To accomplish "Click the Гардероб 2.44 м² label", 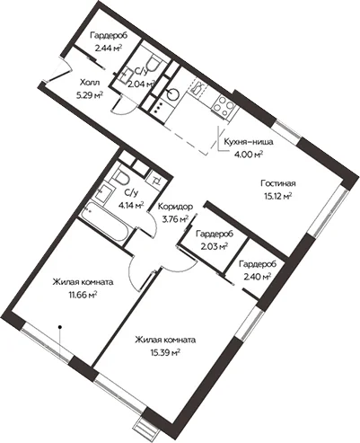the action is point(109,41).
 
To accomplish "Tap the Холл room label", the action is point(90,83).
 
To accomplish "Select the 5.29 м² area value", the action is point(90,95).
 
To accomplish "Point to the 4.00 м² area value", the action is point(249,155).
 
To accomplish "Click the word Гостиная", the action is point(278,183).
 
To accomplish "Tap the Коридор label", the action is point(175,207).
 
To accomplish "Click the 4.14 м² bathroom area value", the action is point(131,206).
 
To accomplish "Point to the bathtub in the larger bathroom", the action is point(105,221).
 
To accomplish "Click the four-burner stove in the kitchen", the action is point(223,108).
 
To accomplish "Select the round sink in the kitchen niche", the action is point(174,93).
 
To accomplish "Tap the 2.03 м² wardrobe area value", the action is point(215,247).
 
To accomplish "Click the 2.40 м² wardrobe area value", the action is point(258,277).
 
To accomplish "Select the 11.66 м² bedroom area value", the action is point(83,296).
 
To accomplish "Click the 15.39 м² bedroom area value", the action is point(165,353).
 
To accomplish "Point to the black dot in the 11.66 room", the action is point(60,327).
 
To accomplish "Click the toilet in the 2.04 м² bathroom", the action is point(154,64).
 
